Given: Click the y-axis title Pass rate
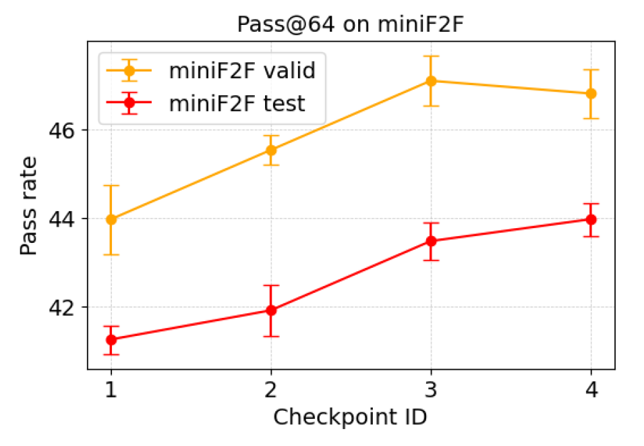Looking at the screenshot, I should click(28, 206).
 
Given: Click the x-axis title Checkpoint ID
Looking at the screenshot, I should click(350, 418).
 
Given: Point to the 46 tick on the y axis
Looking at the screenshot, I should click(62, 130).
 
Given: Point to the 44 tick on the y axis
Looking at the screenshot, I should click(62, 219).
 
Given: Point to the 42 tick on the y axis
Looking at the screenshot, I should click(62, 308).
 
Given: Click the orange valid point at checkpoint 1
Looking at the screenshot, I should click(111, 219).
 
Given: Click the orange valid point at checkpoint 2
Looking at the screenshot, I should click(270, 150).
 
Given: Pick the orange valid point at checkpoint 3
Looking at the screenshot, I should click(431, 81).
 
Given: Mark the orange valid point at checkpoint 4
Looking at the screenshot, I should click(591, 94).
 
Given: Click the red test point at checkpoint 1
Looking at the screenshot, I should click(111, 340).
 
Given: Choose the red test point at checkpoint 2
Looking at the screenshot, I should click(270, 310).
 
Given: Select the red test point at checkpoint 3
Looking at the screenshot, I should click(431, 241).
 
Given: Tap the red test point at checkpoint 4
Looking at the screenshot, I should click(591, 219).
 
